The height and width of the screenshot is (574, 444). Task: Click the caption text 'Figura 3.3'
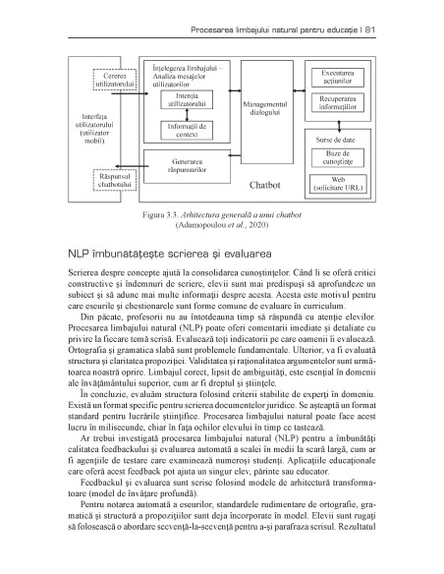(163, 213)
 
